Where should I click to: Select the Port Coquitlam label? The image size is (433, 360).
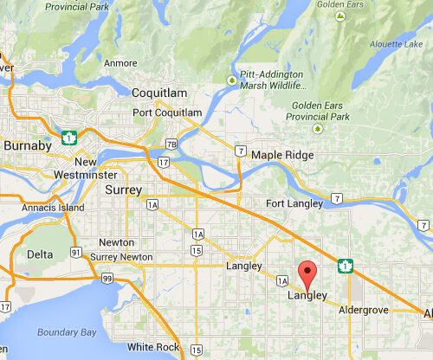point(168,113)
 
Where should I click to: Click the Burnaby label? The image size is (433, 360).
point(27,145)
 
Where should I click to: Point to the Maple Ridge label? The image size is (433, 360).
point(281,155)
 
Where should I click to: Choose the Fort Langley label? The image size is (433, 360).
point(294,203)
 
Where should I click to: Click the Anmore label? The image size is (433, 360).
point(120,62)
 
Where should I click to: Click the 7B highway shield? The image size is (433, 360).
point(171,143)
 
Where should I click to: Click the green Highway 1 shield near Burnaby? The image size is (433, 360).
point(68,136)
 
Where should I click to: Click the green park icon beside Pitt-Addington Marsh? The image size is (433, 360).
point(231,80)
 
